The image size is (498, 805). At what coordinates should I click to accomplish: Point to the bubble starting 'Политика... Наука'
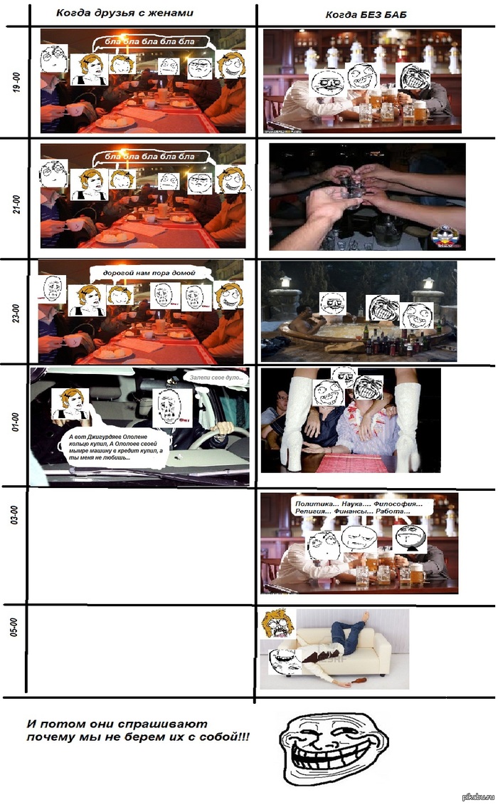[x=359, y=509]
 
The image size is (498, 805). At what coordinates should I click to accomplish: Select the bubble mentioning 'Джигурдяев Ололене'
[x=114, y=447]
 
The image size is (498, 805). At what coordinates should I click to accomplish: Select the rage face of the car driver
[x=171, y=407]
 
